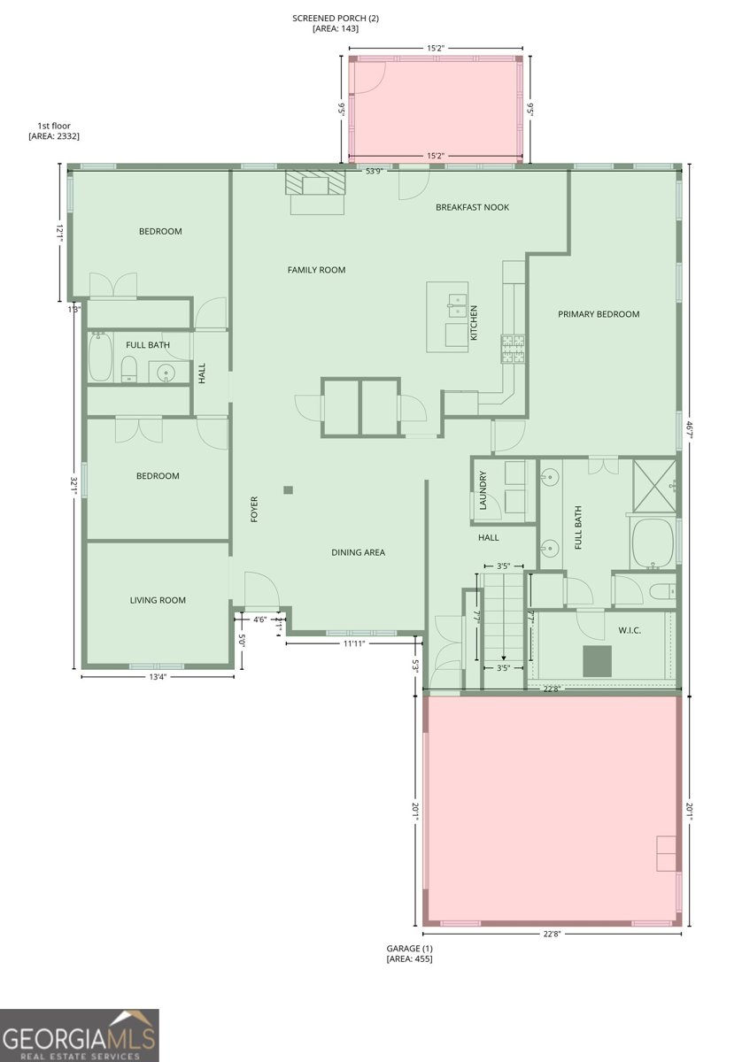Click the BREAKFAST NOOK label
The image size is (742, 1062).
[472, 207]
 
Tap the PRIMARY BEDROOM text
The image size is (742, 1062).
[599, 314]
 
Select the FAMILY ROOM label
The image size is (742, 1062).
[316, 270]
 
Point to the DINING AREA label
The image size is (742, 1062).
[359, 552]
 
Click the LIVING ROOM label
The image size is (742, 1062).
[158, 600]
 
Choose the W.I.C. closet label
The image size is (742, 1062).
[630, 630]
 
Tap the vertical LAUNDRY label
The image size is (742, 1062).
[483, 490]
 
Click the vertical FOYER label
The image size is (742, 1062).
[254, 510]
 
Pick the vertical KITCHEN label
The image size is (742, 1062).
[474, 323]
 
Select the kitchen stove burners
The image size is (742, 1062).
[514, 349]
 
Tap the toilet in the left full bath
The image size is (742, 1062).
[129, 369]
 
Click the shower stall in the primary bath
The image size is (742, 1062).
[654, 486]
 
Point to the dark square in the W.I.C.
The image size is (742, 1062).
[598, 661]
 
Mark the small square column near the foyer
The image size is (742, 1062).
[289, 489]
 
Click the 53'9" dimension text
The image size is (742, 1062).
[374, 171]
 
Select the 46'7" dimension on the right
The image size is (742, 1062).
[689, 432]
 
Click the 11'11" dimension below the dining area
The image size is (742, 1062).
[354, 643]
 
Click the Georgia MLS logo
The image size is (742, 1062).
[79, 1035]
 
